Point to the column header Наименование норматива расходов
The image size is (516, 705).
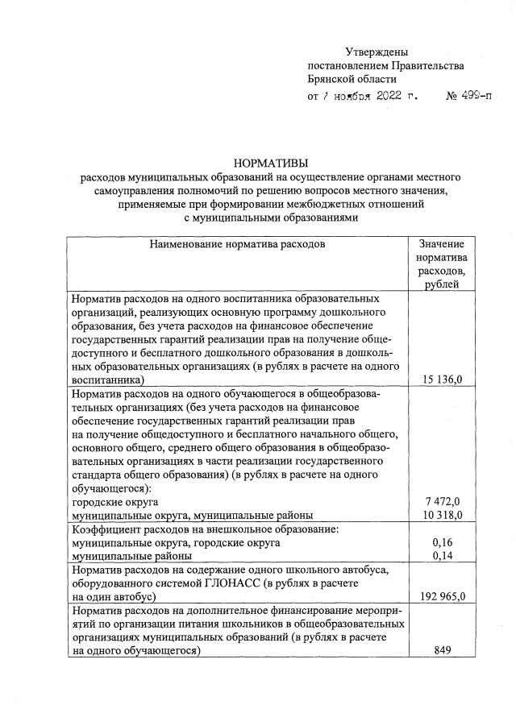237,243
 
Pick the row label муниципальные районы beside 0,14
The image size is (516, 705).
131,556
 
